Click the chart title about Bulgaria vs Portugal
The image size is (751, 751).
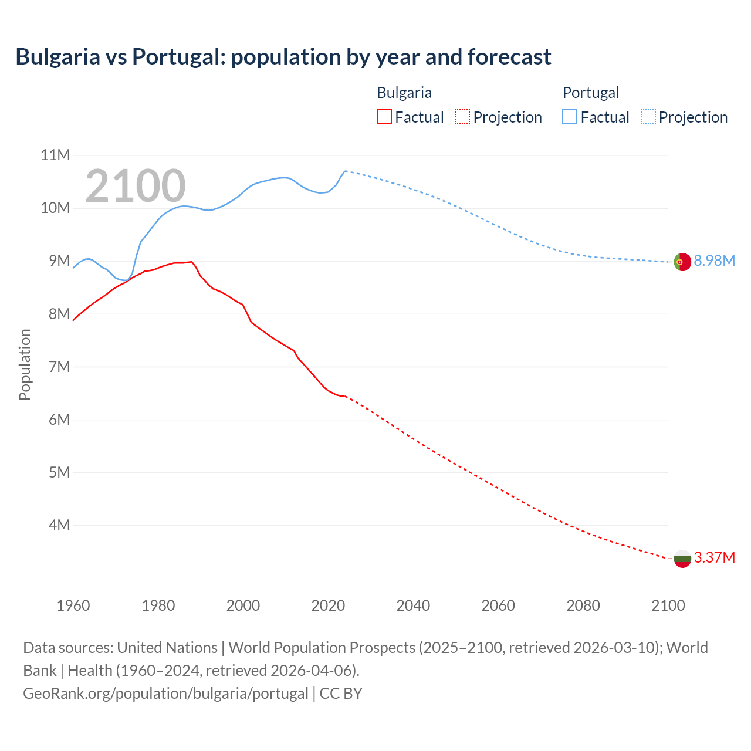283,57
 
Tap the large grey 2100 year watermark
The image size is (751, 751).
136,186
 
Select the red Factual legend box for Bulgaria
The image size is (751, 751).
384,117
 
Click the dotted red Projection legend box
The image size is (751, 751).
462,117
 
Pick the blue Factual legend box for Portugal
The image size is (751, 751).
570,117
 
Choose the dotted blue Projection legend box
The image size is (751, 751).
648,117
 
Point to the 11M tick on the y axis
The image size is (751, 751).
55,155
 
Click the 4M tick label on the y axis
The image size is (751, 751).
59,525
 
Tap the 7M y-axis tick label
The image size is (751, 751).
59,367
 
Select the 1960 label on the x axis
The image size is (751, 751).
73,605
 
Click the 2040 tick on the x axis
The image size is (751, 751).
413,605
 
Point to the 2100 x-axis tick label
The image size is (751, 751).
668,605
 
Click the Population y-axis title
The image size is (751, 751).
25,364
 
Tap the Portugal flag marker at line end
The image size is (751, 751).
682,262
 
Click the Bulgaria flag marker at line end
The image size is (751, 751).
682,559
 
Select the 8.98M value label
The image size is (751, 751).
714,261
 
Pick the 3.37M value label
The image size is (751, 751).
714,558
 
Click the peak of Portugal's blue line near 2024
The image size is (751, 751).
346,171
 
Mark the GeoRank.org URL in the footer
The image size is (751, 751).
165,694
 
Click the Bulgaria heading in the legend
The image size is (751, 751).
404,93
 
